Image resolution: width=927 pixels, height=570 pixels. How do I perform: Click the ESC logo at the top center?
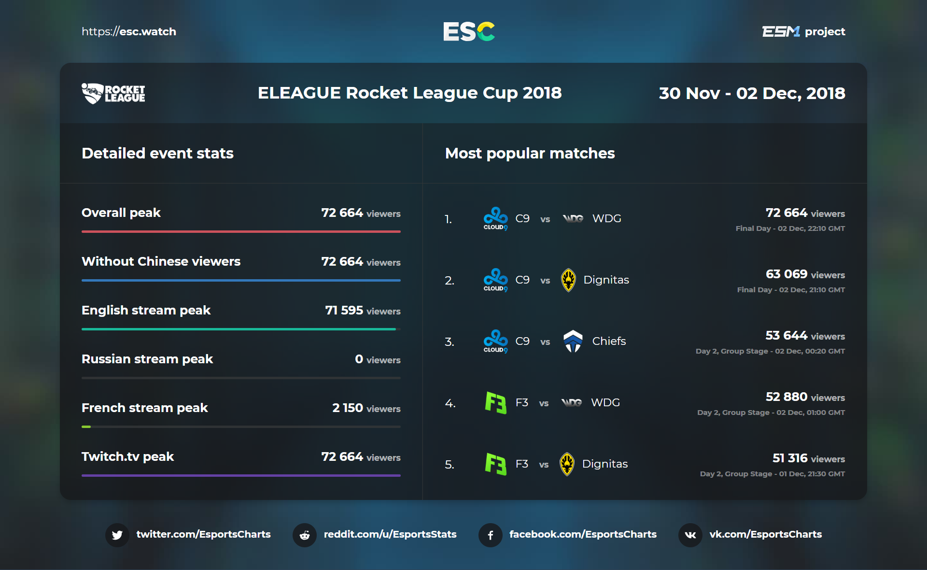pyautogui.click(x=469, y=31)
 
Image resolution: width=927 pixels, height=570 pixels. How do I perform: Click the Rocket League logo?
pyautogui.click(x=113, y=93)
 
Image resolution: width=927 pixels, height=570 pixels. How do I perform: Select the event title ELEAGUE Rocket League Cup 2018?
pyautogui.click(x=409, y=93)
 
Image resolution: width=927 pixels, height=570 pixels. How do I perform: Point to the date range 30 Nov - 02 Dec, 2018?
pyautogui.click(x=752, y=93)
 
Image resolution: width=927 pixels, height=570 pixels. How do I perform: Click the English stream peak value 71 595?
pyautogui.click(x=344, y=310)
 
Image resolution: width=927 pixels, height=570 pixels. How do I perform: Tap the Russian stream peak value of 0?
pyautogui.click(x=359, y=359)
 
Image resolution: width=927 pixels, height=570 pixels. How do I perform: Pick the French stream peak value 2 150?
pyautogui.click(x=348, y=408)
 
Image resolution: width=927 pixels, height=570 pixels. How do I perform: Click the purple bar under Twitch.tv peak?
pyautogui.click(x=241, y=475)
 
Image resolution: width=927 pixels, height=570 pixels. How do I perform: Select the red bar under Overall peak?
pyautogui.click(x=241, y=231)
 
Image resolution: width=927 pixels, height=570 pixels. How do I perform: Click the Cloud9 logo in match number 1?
pyautogui.click(x=495, y=218)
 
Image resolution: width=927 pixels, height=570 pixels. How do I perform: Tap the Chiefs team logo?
pyautogui.click(x=573, y=341)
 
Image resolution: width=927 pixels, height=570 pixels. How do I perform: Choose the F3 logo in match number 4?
pyautogui.click(x=495, y=402)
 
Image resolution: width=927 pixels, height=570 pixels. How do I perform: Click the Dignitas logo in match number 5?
pyautogui.click(x=567, y=464)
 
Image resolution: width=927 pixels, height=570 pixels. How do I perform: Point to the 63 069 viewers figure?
pyautogui.click(x=787, y=274)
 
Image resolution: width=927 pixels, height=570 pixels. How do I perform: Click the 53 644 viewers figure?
pyautogui.click(x=786, y=336)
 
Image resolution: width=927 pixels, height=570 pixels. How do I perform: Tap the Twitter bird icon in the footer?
pyautogui.click(x=117, y=535)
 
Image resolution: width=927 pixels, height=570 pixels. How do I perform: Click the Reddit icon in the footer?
pyautogui.click(x=305, y=535)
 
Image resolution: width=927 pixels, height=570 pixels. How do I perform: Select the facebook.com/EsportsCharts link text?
pyautogui.click(x=583, y=534)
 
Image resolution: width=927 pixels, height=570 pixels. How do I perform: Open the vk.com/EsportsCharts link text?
pyautogui.click(x=765, y=534)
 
